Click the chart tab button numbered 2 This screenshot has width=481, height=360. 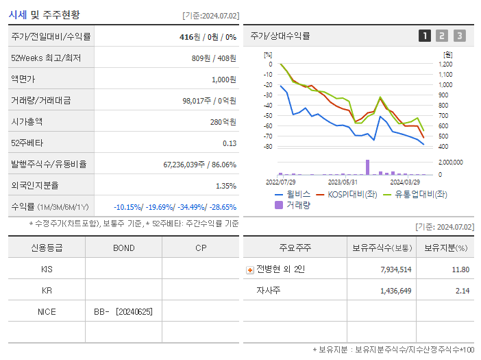point(442,36)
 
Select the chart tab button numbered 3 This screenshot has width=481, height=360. point(459,36)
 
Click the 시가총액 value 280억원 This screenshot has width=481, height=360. point(223,122)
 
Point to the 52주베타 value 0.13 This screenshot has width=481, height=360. point(230,143)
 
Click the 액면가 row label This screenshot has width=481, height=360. point(24,80)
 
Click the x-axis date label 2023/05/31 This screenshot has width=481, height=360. point(343,182)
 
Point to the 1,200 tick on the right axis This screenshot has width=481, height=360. point(445,64)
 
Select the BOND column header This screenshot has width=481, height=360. point(123,248)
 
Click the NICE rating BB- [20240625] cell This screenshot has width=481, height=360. point(123,312)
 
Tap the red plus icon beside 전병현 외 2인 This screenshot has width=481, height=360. point(250,270)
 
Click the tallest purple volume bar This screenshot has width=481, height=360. point(367,167)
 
